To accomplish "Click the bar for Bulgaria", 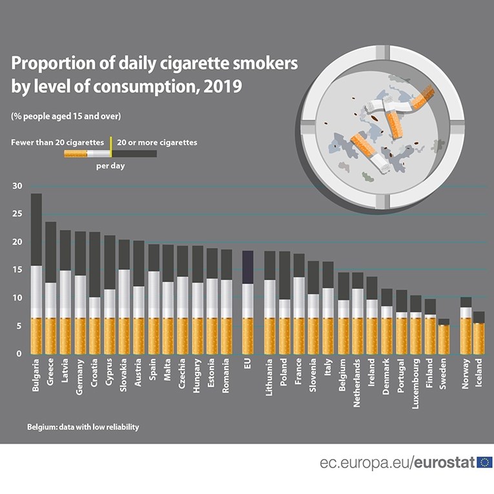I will click(36, 274).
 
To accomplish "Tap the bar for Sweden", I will click(444, 336).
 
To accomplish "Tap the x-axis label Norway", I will click(465, 375).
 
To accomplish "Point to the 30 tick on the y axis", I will click(17, 187).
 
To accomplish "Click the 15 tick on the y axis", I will click(17, 270).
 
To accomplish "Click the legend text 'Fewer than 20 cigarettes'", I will click(57, 142).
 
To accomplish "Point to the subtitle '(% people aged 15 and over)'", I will click(66, 116).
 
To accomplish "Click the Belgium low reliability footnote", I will click(83, 427).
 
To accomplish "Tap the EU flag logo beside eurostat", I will click(484, 462).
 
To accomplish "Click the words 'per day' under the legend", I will click(110, 166).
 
